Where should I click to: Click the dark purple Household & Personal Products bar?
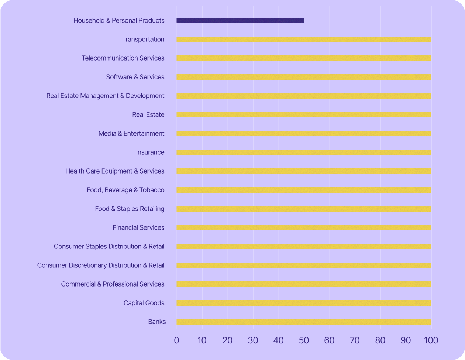(x=240, y=21)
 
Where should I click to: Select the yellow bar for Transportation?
(x=304, y=40)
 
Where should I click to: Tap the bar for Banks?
(x=304, y=322)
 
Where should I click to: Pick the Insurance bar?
(x=304, y=152)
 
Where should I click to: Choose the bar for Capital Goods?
(x=304, y=303)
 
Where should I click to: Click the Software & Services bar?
(x=304, y=77)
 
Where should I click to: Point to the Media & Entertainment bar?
(x=304, y=134)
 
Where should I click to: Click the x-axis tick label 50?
(x=304, y=340)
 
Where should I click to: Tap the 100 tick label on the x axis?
(x=431, y=340)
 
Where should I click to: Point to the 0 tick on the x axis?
(x=176, y=340)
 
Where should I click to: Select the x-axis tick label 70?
(x=355, y=340)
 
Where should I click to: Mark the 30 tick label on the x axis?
(x=253, y=340)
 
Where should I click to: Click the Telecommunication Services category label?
(x=123, y=58)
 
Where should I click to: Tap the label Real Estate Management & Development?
(x=105, y=96)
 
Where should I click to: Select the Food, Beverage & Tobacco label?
(x=125, y=190)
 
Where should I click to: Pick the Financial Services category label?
(x=138, y=228)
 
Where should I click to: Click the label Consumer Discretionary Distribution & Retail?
(x=101, y=265)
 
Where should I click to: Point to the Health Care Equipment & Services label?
(x=115, y=171)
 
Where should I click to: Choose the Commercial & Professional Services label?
(x=113, y=284)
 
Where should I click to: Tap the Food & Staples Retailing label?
(x=130, y=209)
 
